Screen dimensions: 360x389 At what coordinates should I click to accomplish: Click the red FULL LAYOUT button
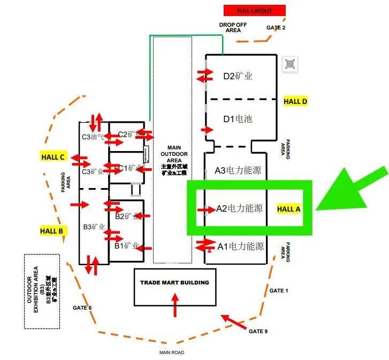pos(254,11)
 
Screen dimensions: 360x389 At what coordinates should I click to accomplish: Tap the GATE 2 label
pos(276,28)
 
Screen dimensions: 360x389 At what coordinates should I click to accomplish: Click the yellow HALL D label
pos(295,101)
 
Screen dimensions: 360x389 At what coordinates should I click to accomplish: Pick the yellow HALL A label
pos(288,209)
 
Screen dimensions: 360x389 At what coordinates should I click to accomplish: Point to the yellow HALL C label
pos(53,157)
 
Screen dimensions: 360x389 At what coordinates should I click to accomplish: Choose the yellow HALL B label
pos(52,231)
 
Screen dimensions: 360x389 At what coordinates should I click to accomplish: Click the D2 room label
pos(238,76)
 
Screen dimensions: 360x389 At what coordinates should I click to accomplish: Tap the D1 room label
pos(238,118)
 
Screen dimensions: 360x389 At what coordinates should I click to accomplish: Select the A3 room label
pos(238,171)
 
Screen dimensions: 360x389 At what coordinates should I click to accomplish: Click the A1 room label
pos(240,246)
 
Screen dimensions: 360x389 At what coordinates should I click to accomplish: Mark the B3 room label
pos(94,227)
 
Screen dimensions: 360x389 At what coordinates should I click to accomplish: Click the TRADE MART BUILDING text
pos(174,282)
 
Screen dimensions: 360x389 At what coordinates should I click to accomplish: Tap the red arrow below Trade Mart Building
pos(174,305)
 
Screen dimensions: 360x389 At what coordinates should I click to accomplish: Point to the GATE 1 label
pos(279,290)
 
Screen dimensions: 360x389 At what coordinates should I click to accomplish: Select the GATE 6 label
pos(82,307)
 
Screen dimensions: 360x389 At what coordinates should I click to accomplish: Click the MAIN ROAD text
pos(172,352)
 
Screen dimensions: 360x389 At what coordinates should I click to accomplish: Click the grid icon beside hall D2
pos(289,64)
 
